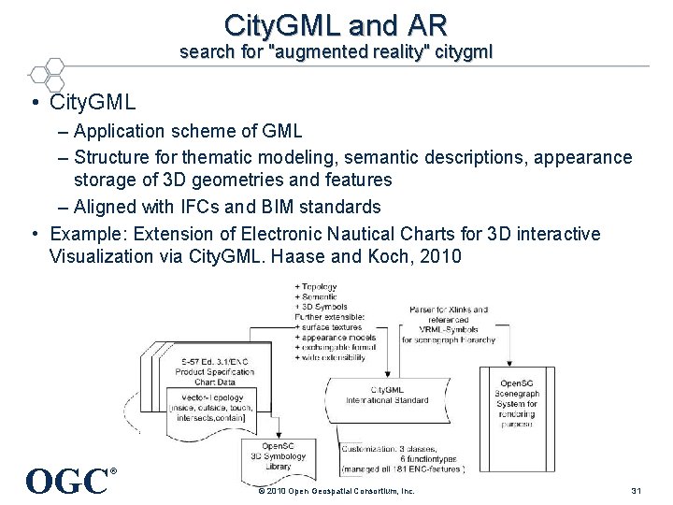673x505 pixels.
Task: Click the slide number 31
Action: (x=637, y=491)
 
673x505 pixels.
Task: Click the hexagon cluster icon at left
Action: (x=47, y=76)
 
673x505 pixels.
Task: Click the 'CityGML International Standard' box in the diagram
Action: (x=399, y=397)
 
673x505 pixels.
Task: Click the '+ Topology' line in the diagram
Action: (x=320, y=287)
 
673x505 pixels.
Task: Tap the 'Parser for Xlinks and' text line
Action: (x=450, y=310)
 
